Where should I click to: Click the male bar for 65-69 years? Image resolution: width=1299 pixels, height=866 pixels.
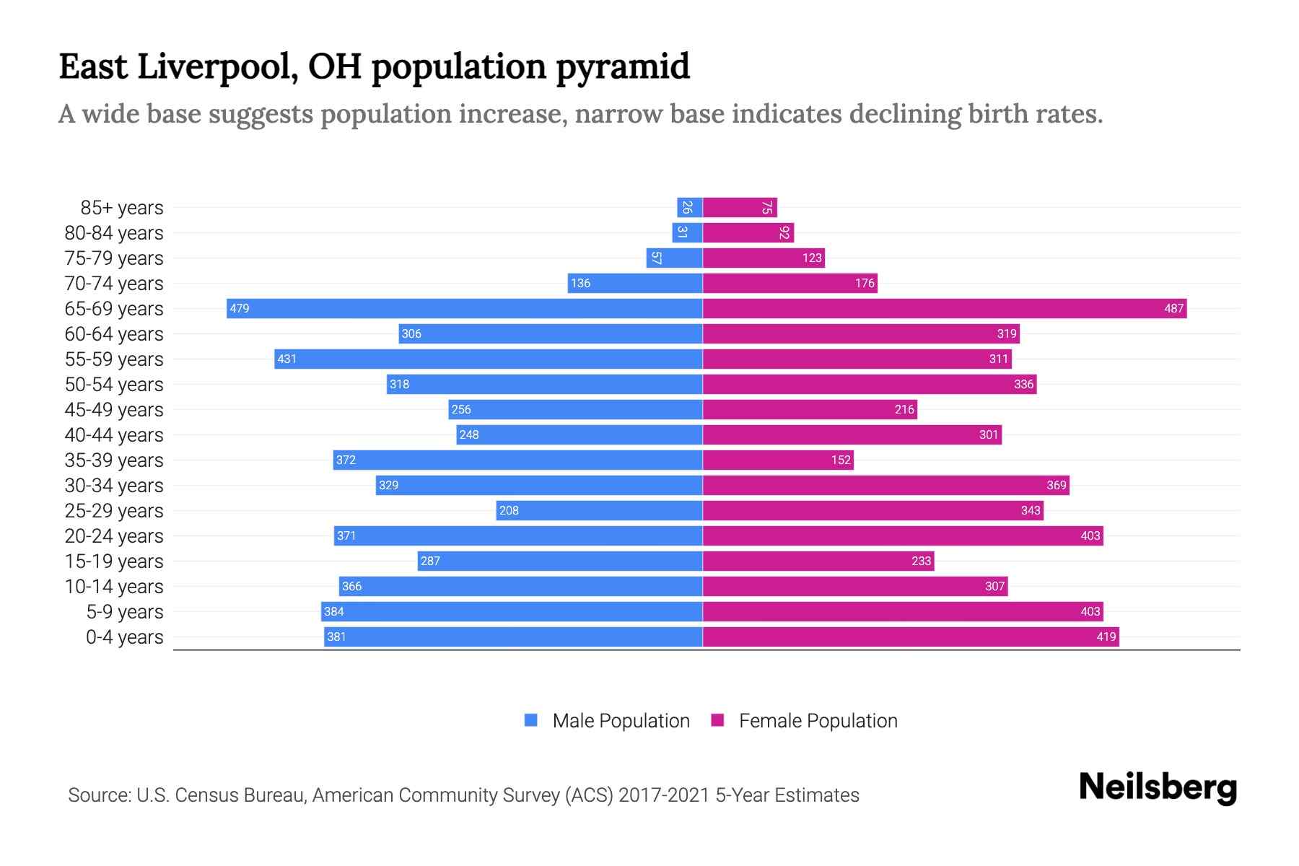[464, 309]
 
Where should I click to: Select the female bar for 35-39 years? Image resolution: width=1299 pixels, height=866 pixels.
[778, 460]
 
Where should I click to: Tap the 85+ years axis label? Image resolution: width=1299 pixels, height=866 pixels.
[121, 208]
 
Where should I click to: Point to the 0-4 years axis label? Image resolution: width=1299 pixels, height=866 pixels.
[124, 637]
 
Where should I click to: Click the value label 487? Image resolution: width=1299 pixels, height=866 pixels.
[1173, 309]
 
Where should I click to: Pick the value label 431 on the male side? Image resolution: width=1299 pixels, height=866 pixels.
[287, 359]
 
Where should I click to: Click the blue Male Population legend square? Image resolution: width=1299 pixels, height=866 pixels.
[531, 720]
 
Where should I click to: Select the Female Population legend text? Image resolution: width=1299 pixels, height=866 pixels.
[818, 721]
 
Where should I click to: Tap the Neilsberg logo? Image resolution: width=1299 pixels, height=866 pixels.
[1158, 787]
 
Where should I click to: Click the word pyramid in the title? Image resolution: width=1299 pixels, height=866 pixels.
[623, 66]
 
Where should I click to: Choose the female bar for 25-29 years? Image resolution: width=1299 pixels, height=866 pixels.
[873, 511]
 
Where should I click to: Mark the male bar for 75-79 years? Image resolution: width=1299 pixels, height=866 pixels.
[674, 258]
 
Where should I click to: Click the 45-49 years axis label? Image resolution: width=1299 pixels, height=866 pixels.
[114, 410]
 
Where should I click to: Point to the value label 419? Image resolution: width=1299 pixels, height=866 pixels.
[1106, 637]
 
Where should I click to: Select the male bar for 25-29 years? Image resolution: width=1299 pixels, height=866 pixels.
[599, 511]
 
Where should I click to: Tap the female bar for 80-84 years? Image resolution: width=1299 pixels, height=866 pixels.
[748, 233]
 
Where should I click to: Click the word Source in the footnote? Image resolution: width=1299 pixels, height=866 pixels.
[99, 795]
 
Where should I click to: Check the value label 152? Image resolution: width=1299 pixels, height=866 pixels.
[841, 460]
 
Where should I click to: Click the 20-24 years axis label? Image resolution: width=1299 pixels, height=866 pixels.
[114, 536]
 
